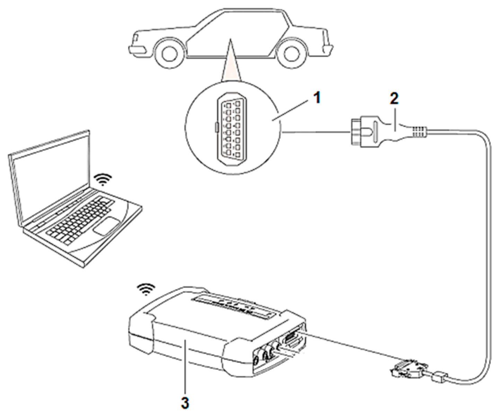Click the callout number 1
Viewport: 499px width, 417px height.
(x=316, y=98)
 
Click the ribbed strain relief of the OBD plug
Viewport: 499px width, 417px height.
(x=419, y=132)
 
